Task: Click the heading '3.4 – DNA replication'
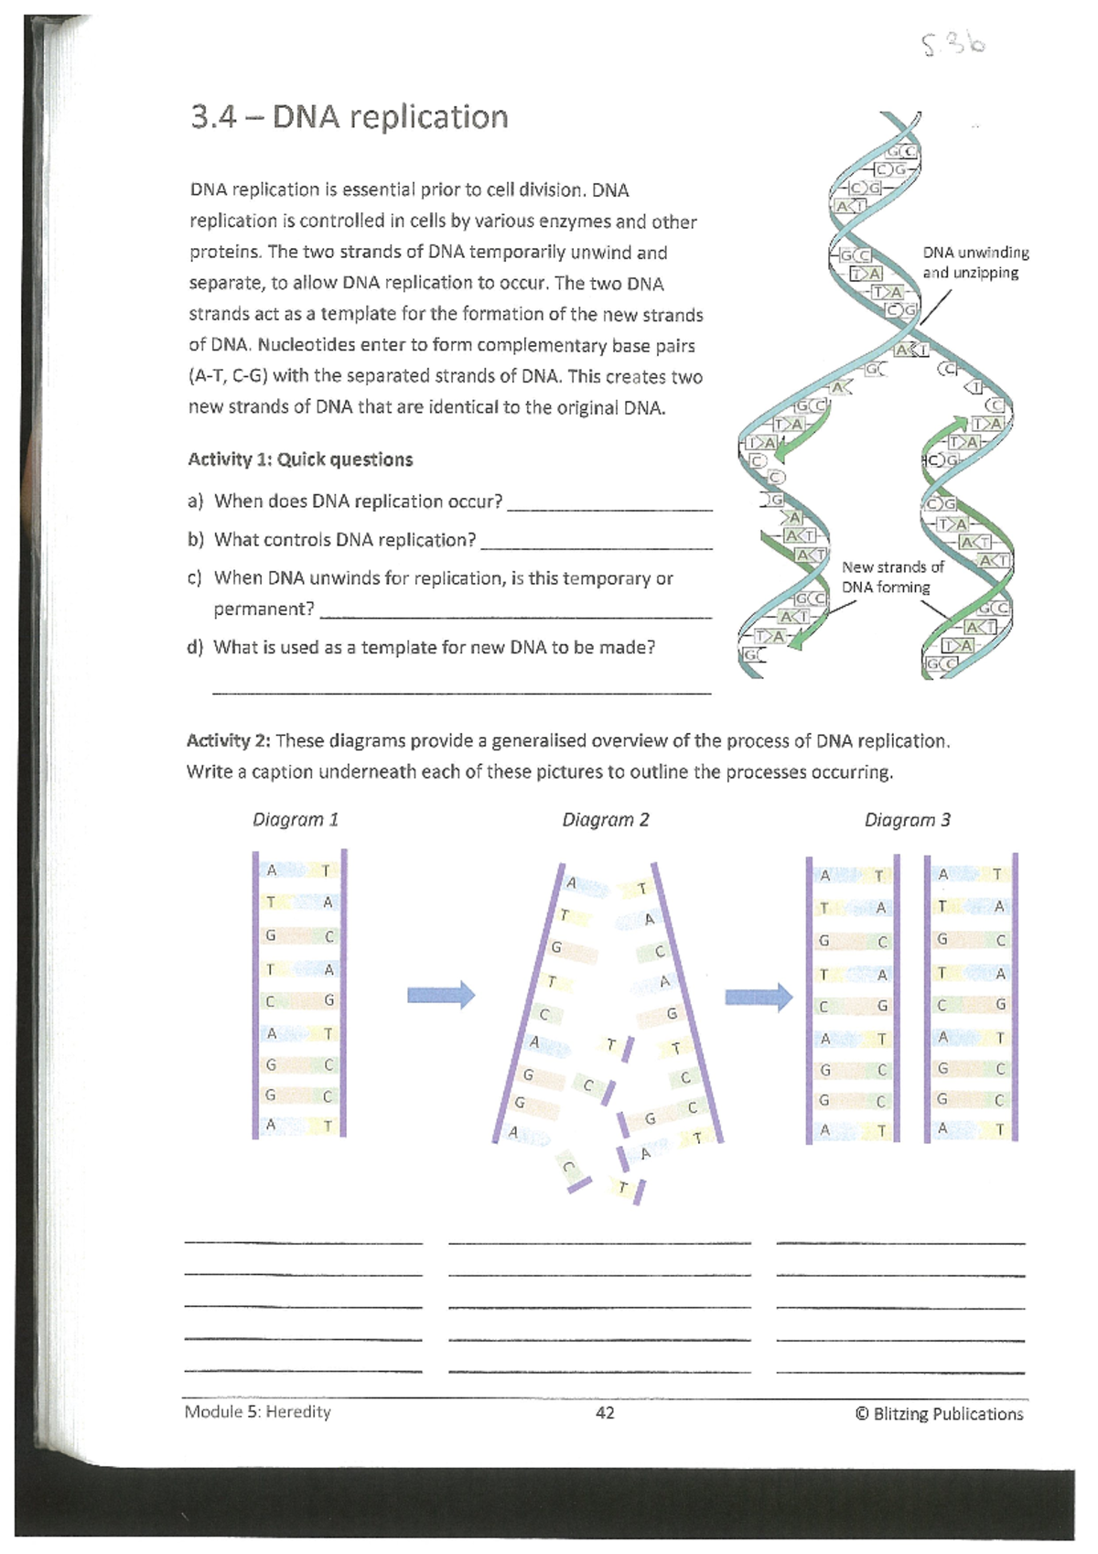pyautogui.click(x=349, y=117)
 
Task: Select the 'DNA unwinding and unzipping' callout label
pyautogui.click(x=975, y=263)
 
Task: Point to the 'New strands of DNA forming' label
pyautogui.click(x=891, y=577)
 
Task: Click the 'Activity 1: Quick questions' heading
pyautogui.click(x=300, y=459)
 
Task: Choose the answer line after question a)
pyautogui.click(x=609, y=508)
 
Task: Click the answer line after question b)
pyautogui.click(x=596, y=546)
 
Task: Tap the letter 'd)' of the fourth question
pyautogui.click(x=194, y=648)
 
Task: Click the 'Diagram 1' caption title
pyautogui.click(x=296, y=820)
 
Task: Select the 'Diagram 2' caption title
pyautogui.click(x=605, y=820)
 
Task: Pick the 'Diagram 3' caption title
pyautogui.click(x=907, y=820)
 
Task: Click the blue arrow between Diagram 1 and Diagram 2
pyautogui.click(x=441, y=994)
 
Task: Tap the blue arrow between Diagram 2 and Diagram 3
pyautogui.click(x=759, y=996)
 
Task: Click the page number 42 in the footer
pyautogui.click(x=605, y=1413)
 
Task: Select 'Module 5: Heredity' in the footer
pyautogui.click(x=257, y=1412)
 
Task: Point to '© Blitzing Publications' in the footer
pyautogui.click(x=939, y=1414)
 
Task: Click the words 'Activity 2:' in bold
pyautogui.click(x=228, y=740)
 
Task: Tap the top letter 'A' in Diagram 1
pyautogui.click(x=272, y=870)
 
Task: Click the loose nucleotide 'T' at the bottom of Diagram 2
pyautogui.click(x=624, y=1188)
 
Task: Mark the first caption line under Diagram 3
pyautogui.click(x=900, y=1242)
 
